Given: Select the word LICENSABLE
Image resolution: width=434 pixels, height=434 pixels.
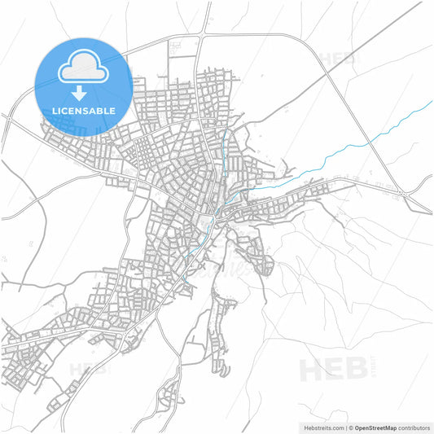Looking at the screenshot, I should [x=83, y=110].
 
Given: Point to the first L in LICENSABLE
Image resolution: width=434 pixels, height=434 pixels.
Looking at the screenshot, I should [x=53, y=110].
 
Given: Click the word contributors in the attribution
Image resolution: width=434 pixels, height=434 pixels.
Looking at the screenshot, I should [x=412, y=427].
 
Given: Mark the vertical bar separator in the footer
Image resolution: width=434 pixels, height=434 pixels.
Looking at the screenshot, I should [x=344, y=427].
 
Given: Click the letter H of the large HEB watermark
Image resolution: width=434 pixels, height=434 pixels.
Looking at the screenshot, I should [x=313, y=369].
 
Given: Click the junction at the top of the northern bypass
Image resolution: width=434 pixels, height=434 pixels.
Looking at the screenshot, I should [x=201, y=35].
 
